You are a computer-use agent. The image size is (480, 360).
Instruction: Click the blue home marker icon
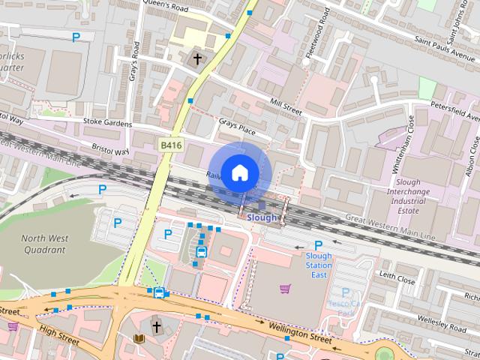238,172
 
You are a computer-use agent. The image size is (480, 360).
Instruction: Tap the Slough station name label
262,217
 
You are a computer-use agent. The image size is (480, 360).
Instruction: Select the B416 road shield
169,142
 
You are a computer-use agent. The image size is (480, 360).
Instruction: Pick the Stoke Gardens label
107,123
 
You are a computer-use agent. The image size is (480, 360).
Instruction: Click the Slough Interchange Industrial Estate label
417,196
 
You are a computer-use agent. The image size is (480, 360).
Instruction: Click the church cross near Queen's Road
198,58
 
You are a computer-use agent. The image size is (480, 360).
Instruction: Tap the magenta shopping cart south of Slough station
285,289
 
